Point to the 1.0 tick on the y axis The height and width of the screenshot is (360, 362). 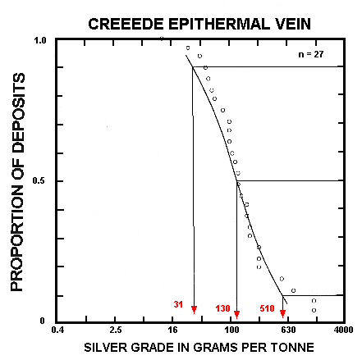click(x=39, y=40)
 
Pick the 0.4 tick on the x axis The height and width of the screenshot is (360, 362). click(x=57, y=330)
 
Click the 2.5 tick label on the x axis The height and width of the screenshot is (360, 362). click(x=115, y=330)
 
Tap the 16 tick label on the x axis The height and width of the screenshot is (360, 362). click(x=172, y=330)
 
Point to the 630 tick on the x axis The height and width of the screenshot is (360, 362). click(x=288, y=330)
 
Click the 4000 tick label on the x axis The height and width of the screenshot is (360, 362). click(x=343, y=330)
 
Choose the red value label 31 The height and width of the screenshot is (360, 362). click(x=179, y=306)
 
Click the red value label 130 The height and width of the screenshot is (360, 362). click(x=222, y=308)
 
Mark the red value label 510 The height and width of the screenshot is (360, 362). click(x=267, y=308)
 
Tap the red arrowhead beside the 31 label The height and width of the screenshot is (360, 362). click(x=194, y=310)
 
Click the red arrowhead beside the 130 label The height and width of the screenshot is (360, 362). click(x=236, y=314)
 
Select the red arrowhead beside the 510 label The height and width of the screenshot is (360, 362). click(x=283, y=314)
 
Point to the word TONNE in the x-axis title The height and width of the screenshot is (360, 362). click(x=295, y=348)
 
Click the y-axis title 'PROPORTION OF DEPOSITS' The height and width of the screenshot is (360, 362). click(x=18, y=182)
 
